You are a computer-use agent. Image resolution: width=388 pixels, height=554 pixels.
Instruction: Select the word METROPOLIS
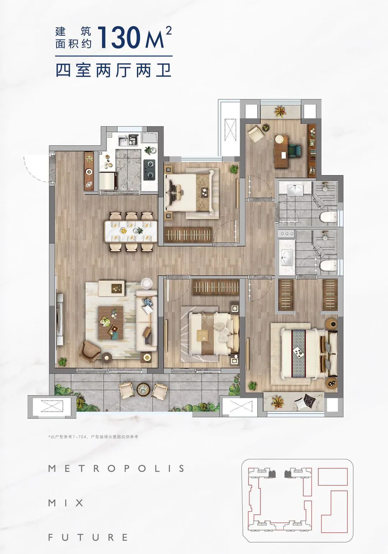116,469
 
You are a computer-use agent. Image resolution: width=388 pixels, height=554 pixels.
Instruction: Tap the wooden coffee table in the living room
111,323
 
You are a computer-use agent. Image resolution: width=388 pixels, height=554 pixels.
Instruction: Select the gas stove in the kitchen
149,169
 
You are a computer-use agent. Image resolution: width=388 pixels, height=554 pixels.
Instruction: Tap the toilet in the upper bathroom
328,217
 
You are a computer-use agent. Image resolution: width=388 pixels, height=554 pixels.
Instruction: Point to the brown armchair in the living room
89,351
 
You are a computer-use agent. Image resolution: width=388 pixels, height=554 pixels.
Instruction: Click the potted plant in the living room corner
63,362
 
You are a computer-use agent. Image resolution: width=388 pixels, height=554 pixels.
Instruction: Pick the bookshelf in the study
312,150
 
